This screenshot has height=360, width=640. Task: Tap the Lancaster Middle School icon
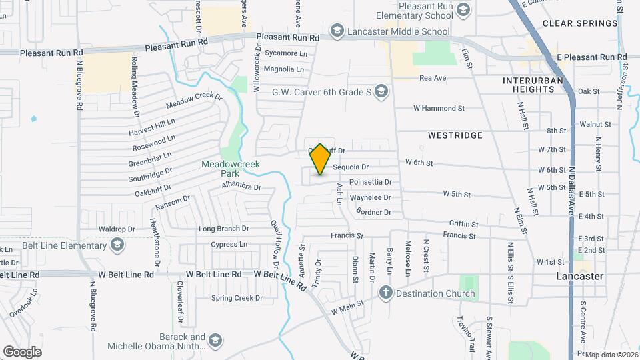click(x=337, y=31)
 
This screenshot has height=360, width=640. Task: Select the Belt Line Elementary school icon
click(x=117, y=245)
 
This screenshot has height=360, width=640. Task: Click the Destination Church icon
click(x=385, y=293)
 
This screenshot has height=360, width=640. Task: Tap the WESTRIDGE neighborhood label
click(x=455, y=135)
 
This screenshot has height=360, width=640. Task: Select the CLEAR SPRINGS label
click(x=580, y=23)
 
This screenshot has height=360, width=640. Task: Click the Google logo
click(x=22, y=351)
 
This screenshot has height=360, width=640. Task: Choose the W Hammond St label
click(x=439, y=108)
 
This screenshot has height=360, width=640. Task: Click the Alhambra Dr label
click(x=241, y=186)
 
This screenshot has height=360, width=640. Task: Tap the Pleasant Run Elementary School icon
click(x=464, y=9)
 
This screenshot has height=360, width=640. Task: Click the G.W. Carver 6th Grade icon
click(x=381, y=92)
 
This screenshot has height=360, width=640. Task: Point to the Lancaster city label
click(x=580, y=276)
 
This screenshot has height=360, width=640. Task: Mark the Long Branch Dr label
click(x=224, y=229)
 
